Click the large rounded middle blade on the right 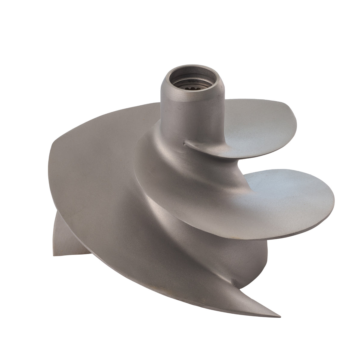[271, 193]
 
